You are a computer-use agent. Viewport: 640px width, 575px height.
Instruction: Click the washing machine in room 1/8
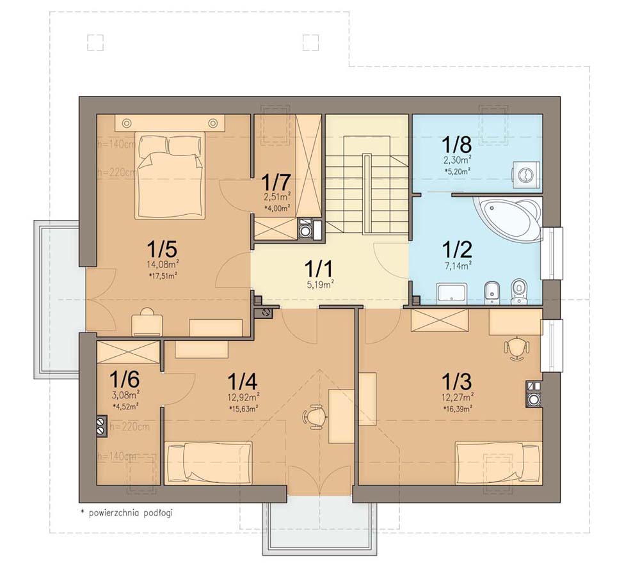point(525,173)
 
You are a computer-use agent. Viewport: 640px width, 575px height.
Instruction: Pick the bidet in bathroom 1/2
point(493,292)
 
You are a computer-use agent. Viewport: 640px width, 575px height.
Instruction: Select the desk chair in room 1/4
point(314,416)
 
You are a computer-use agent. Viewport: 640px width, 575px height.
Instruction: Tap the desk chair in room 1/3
point(517,349)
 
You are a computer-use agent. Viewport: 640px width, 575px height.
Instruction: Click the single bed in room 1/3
point(498,463)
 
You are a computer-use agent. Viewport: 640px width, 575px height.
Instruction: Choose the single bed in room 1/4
point(209,463)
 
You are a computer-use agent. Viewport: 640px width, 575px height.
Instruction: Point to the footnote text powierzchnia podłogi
point(127,512)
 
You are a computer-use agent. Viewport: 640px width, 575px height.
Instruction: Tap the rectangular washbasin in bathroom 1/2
point(454,294)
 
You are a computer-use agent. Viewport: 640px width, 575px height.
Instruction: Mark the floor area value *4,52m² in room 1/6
point(126,404)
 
